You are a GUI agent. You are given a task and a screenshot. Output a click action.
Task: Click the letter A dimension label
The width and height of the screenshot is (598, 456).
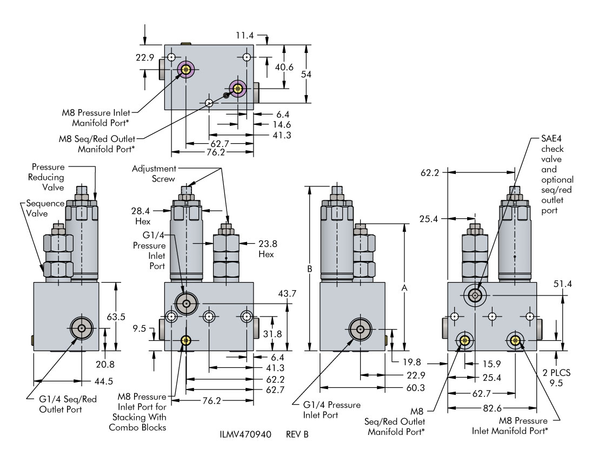click(404, 289)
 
